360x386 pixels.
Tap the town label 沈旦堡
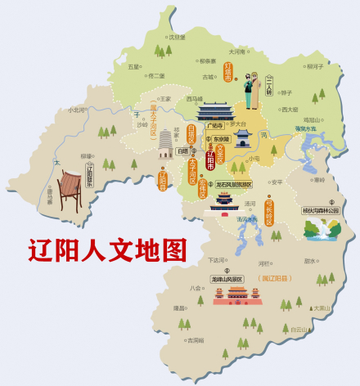[178, 37]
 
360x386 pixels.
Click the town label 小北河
[77, 109]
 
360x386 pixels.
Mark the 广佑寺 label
[214, 127]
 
